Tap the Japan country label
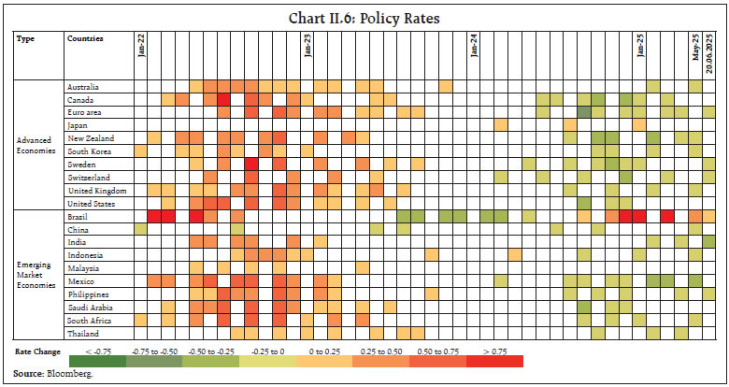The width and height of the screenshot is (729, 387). (x=77, y=124)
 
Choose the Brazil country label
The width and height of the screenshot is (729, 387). (x=77, y=216)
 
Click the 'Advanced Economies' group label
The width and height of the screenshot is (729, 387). (x=36, y=145)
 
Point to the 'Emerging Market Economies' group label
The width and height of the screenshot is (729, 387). (x=36, y=274)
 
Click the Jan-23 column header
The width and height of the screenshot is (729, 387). (x=307, y=47)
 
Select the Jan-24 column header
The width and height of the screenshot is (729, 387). (x=474, y=47)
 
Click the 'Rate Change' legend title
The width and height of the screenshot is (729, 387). (x=38, y=351)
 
